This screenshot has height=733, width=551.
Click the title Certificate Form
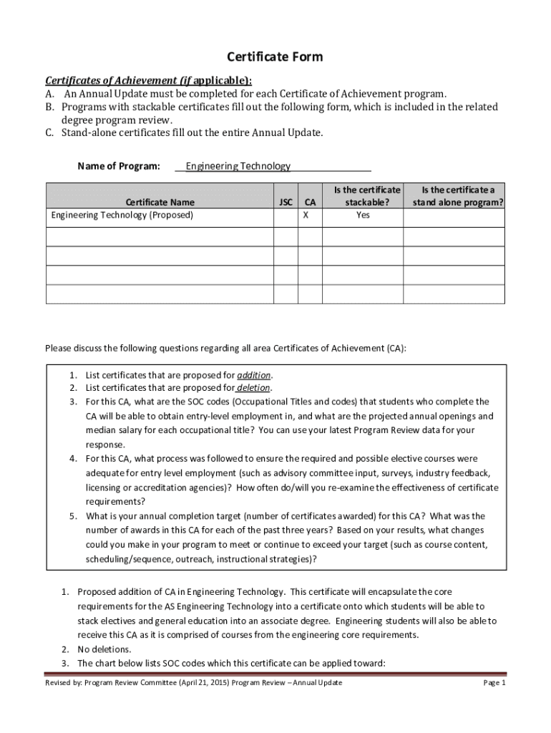tap(275, 57)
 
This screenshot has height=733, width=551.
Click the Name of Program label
tap(118, 166)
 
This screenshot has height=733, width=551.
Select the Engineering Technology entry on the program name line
tap(238, 166)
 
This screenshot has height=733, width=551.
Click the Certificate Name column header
tap(160, 203)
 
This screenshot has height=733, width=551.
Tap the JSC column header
tap(284, 203)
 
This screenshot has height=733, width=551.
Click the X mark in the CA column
tap(306, 215)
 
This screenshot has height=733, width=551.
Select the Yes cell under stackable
tap(363, 215)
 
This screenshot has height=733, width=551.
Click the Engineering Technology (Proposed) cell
tap(122, 215)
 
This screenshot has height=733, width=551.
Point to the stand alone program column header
tap(457, 196)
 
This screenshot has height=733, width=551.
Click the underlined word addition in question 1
tap(254, 375)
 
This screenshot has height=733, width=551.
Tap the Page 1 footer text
tap(494, 683)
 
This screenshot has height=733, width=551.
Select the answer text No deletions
tap(104, 649)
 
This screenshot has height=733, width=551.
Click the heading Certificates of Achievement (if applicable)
tap(148, 80)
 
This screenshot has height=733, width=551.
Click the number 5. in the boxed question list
tap(74, 516)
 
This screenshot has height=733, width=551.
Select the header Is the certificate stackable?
tap(363, 196)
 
